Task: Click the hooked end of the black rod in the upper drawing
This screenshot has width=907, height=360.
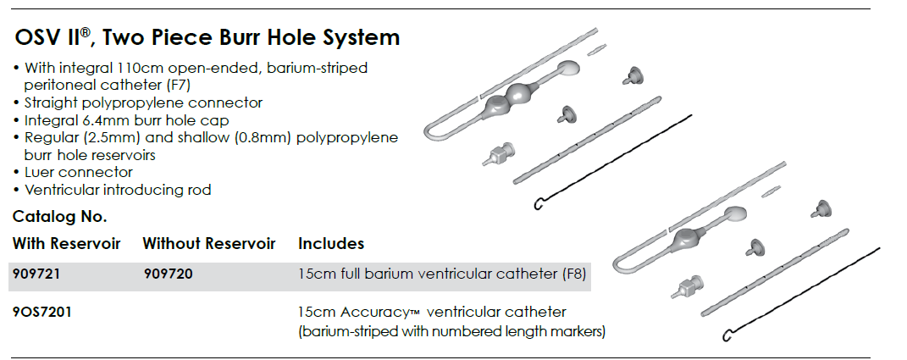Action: pyautogui.click(x=538, y=204)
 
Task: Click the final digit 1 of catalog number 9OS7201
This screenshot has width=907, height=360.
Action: pyautogui.click(x=69, y=312)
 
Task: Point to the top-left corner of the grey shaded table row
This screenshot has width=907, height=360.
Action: pyautogui.click(x=10, y=263)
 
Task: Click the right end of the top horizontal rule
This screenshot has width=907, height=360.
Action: pyautogui.click(x=870, y=8)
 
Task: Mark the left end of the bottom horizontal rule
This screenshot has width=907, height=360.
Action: pyautogui.click(x=12, y=357)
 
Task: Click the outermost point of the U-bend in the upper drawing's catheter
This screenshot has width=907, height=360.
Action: pyautogui.click(x=426, y=132)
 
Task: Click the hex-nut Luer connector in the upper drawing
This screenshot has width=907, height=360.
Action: pyautogui.click(x=496, y=154)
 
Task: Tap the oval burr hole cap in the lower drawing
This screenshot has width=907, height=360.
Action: pyautogui.click(x=733, y=213)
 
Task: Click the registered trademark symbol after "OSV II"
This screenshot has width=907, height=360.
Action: pyautogui.click(x=85, y=32)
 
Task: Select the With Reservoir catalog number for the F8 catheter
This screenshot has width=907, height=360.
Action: pyautogui.click(x=36, y=274)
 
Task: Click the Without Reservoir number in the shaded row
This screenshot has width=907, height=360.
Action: pyautogui.click(x=168, y=274)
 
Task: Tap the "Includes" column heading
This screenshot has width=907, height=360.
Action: pyautogui.click(x=331, y=244)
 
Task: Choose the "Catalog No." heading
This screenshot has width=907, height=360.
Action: pyautogui.click(x=59, y=217)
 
